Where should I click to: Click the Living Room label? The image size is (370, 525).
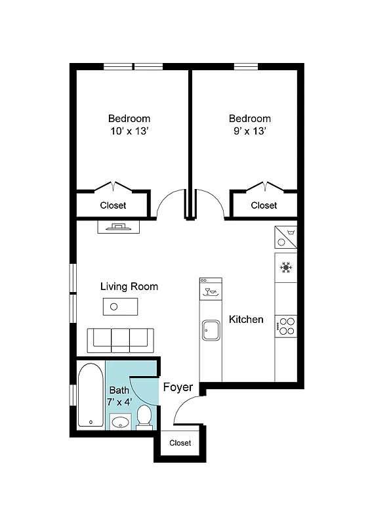(x=129, y=287)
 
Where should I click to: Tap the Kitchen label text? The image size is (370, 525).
(x=246, y=320)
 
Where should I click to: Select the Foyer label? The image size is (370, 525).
(x=178, y=387)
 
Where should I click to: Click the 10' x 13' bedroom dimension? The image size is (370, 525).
(x=129, y=131)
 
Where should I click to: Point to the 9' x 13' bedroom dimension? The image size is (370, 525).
(x=249, y=131)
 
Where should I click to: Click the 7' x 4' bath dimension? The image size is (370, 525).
(x=119, y=402)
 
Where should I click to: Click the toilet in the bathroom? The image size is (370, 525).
(x=145, y=416)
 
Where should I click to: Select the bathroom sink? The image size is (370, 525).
(x=119, y=421)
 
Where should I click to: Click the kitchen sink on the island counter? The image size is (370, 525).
(x=211, y=329)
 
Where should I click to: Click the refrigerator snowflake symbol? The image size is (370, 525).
(x=285, y=267)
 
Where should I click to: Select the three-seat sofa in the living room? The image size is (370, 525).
(x=121, y=340)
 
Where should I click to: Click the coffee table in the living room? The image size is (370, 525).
(x=120, y=306)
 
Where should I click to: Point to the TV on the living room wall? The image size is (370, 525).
(x=118, y=226)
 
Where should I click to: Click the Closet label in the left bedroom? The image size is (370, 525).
(x=113, y=205)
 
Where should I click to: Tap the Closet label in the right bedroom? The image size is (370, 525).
(x=264, y=205)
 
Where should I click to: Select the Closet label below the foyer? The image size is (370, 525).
(x=180, y=443)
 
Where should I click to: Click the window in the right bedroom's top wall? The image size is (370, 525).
(x=245, y=66)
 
